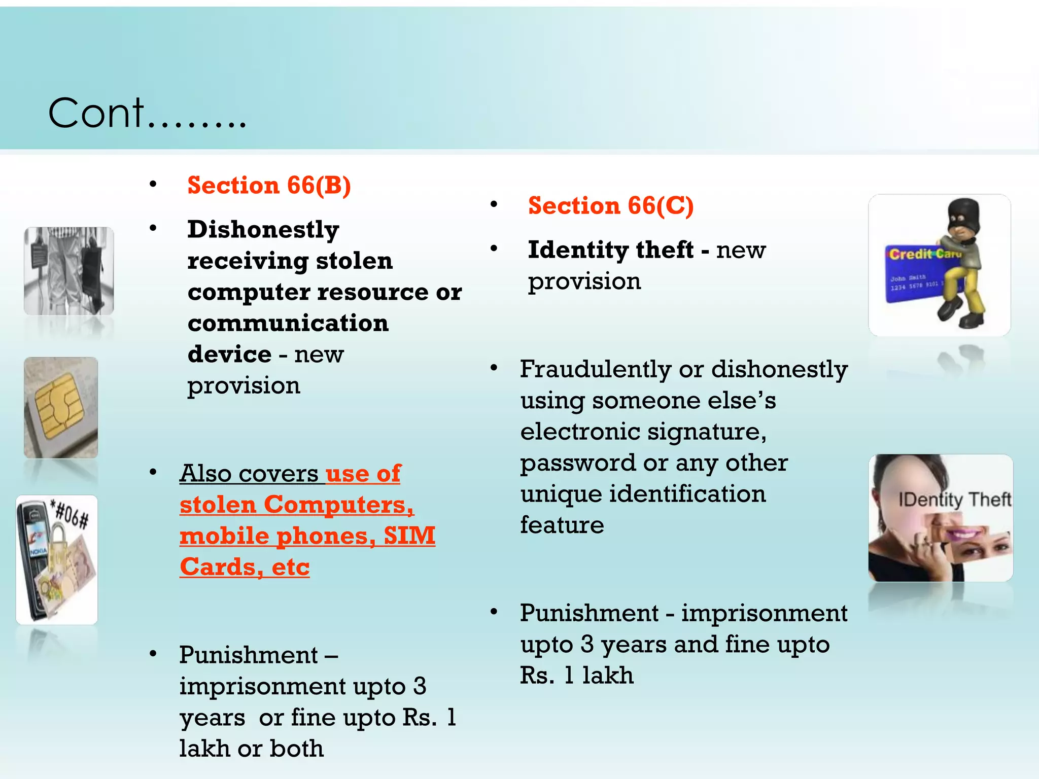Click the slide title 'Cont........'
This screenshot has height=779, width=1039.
147,114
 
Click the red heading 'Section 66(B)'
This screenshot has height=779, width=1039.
269,186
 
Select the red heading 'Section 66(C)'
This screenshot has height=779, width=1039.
610,206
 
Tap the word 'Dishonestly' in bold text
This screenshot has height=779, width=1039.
263,230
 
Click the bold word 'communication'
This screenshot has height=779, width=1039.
288,324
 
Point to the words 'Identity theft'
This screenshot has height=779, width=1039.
610,250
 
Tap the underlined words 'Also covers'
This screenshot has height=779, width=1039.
249,474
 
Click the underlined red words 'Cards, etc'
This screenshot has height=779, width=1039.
245,567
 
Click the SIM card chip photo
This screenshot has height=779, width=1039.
61,407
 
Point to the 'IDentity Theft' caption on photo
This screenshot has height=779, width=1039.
954,500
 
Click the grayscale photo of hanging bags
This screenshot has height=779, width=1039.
69,271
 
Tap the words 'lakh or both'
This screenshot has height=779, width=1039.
251,749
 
